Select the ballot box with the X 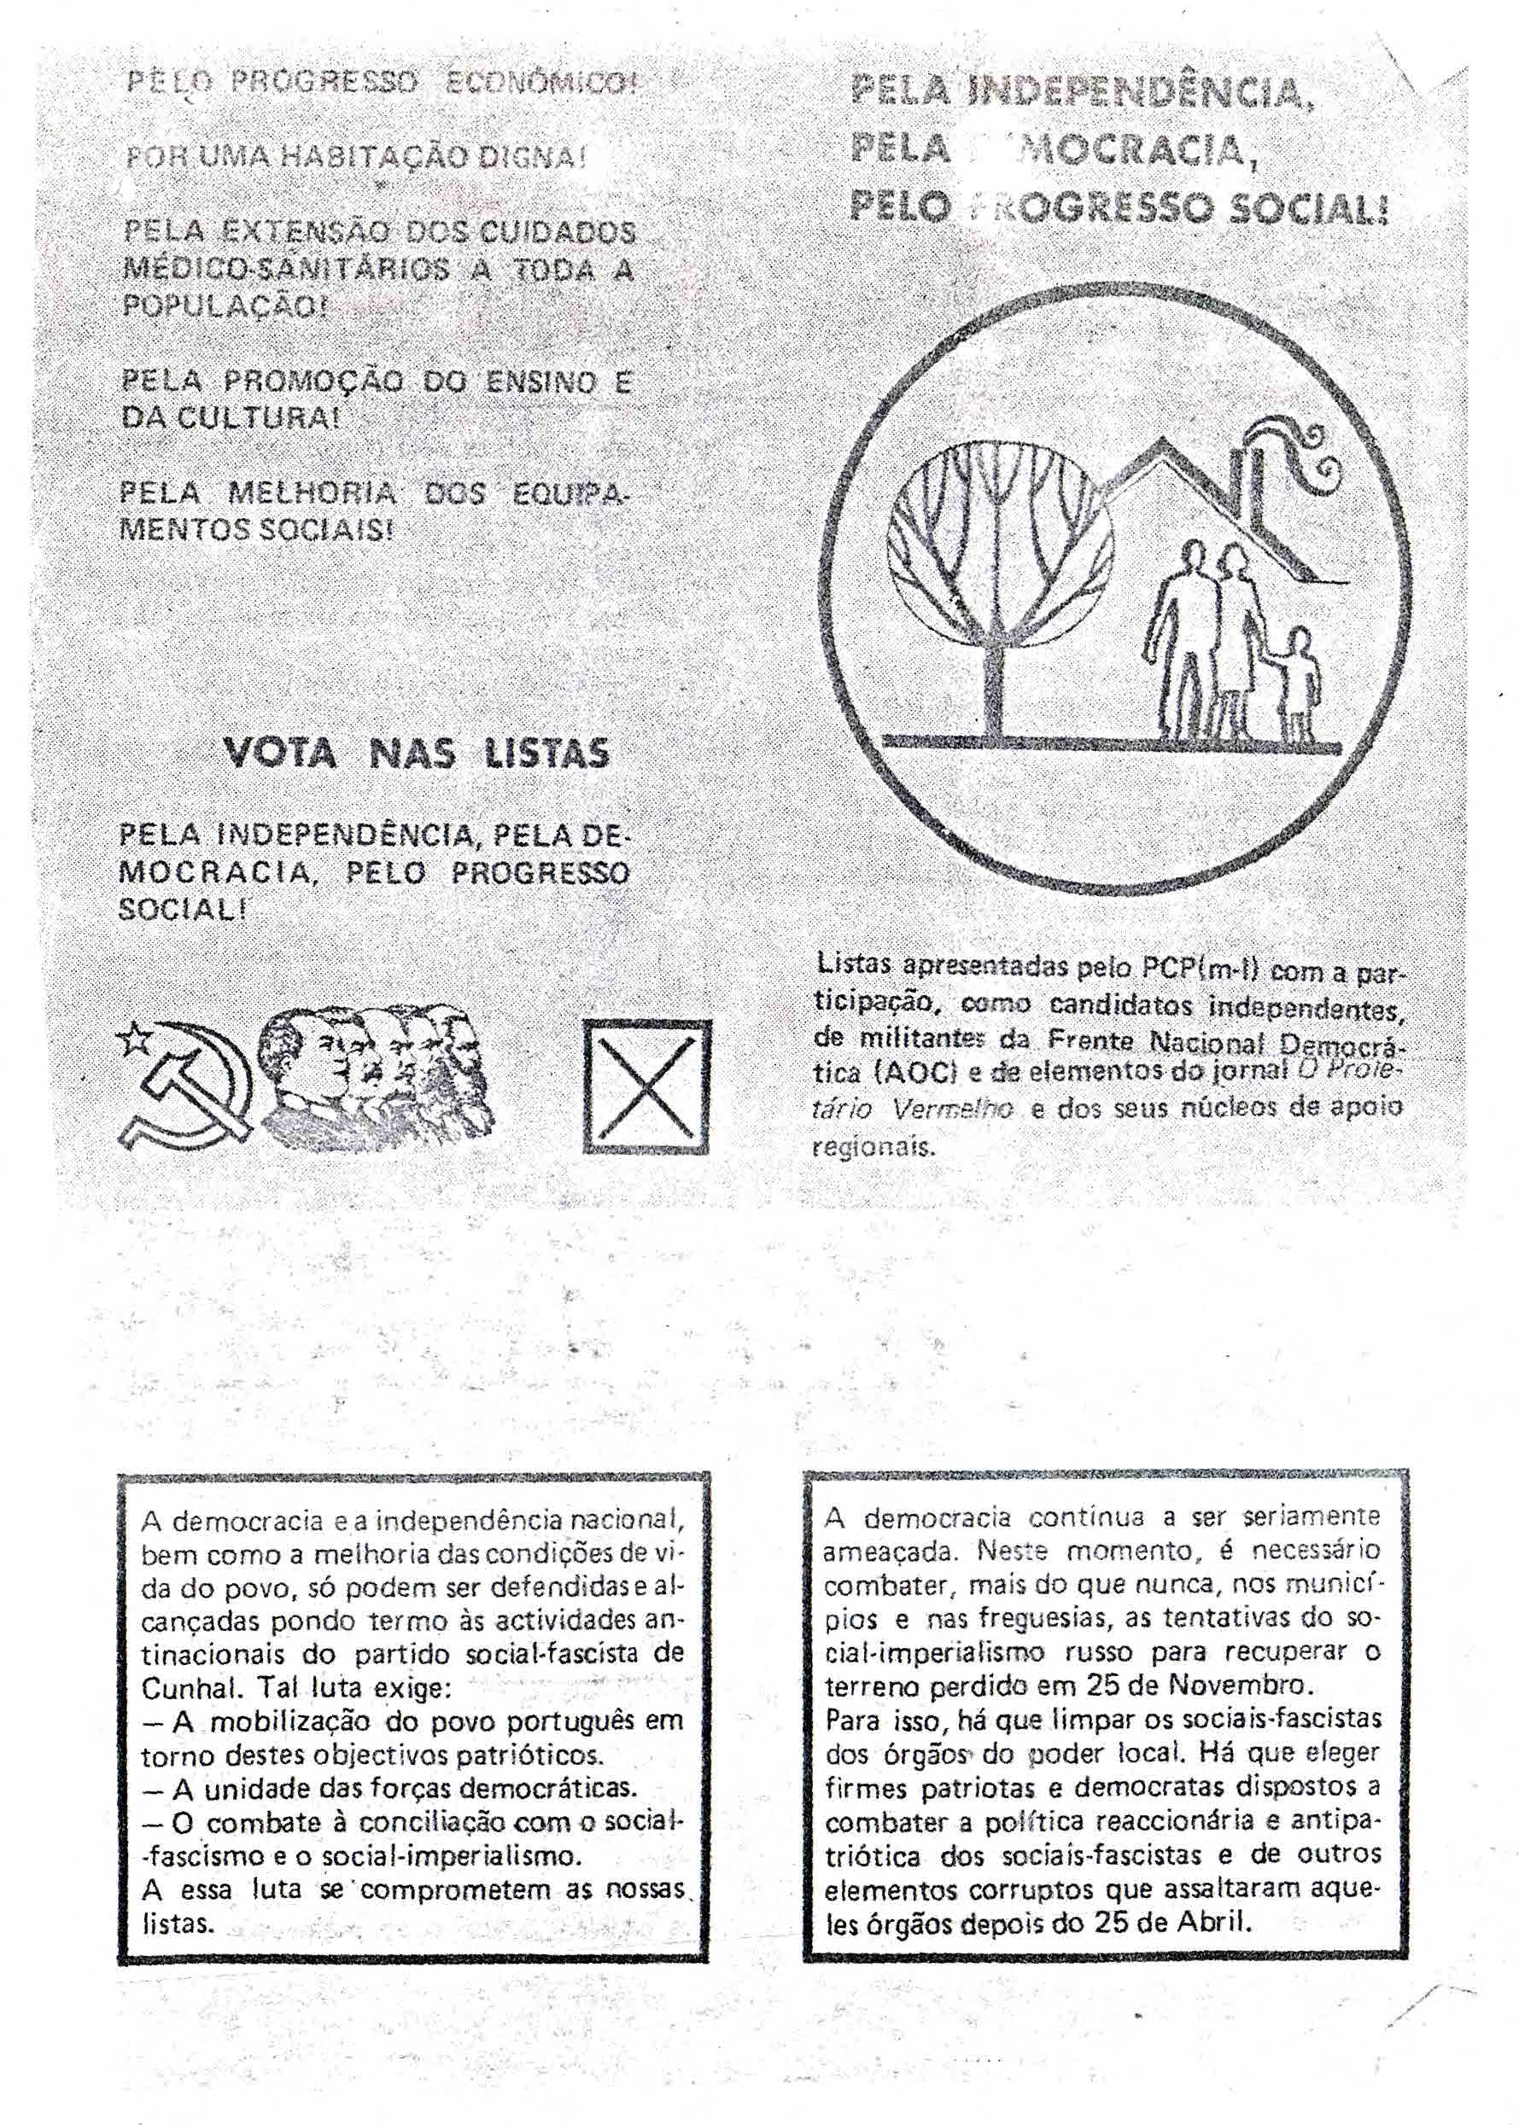[646, 1086]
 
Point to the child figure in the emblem [1297, 683]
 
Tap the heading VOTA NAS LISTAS [415, 752]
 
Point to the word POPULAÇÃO [225, 306]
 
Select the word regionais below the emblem [873, 1147]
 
